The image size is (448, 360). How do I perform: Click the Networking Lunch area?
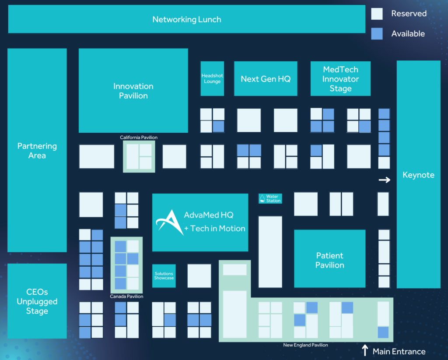point(187,19)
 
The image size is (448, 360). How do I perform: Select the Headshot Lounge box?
point(212,79)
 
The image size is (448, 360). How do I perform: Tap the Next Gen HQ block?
point(266,79)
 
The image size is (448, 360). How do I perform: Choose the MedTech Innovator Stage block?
point(340,79)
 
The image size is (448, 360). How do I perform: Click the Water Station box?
point(270,199)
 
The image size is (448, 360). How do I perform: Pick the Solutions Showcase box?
point(164,276)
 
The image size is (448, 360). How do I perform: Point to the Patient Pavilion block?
point(329,260)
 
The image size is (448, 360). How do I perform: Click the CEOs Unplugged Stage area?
point(37,301)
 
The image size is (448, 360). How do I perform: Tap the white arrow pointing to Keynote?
point(385,180)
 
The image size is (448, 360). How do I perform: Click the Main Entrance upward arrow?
point(365,350)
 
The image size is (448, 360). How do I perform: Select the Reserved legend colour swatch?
point(377,14)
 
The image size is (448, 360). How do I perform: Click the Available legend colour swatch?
point(377,34)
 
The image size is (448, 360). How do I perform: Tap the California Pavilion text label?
point(139,138)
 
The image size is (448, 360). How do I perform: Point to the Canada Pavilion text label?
point(126,296)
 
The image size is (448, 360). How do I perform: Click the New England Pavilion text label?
point(305,345)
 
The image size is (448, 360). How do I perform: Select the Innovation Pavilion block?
point(133,91)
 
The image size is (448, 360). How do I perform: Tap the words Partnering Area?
point(37,151)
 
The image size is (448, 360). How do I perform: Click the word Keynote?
point(418,175)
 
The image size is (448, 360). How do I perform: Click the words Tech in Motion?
point(217,228)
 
